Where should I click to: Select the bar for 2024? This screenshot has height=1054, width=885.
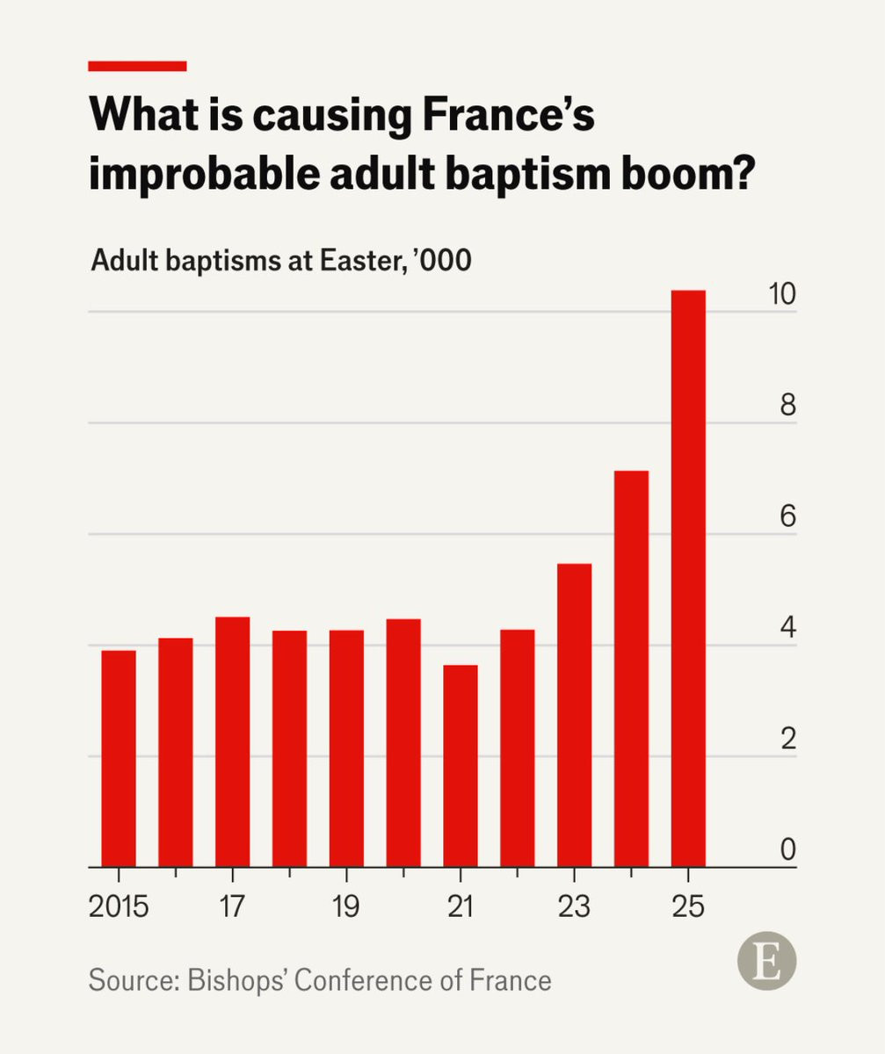tap(631, 668)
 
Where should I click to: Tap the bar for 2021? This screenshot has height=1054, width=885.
tap(461, 765)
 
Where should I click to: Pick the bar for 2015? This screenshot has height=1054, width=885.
tap(119, 758)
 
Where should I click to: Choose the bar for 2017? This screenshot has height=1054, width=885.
tap(233, 741)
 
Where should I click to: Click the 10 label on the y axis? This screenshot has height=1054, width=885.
tap(781, 296)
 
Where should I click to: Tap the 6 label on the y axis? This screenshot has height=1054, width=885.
tap(787, 517)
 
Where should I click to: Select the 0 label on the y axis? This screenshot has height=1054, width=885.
tap(787, 849)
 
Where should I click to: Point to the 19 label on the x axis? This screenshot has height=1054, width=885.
tap(346, 906)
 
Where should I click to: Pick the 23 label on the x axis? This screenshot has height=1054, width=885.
tap(574, 906)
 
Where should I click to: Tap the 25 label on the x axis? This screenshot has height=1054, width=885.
tap(688, 906)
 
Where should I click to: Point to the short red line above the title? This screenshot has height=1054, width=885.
tap(138, 66)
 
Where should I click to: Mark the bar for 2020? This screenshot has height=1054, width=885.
tap(403, 742)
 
